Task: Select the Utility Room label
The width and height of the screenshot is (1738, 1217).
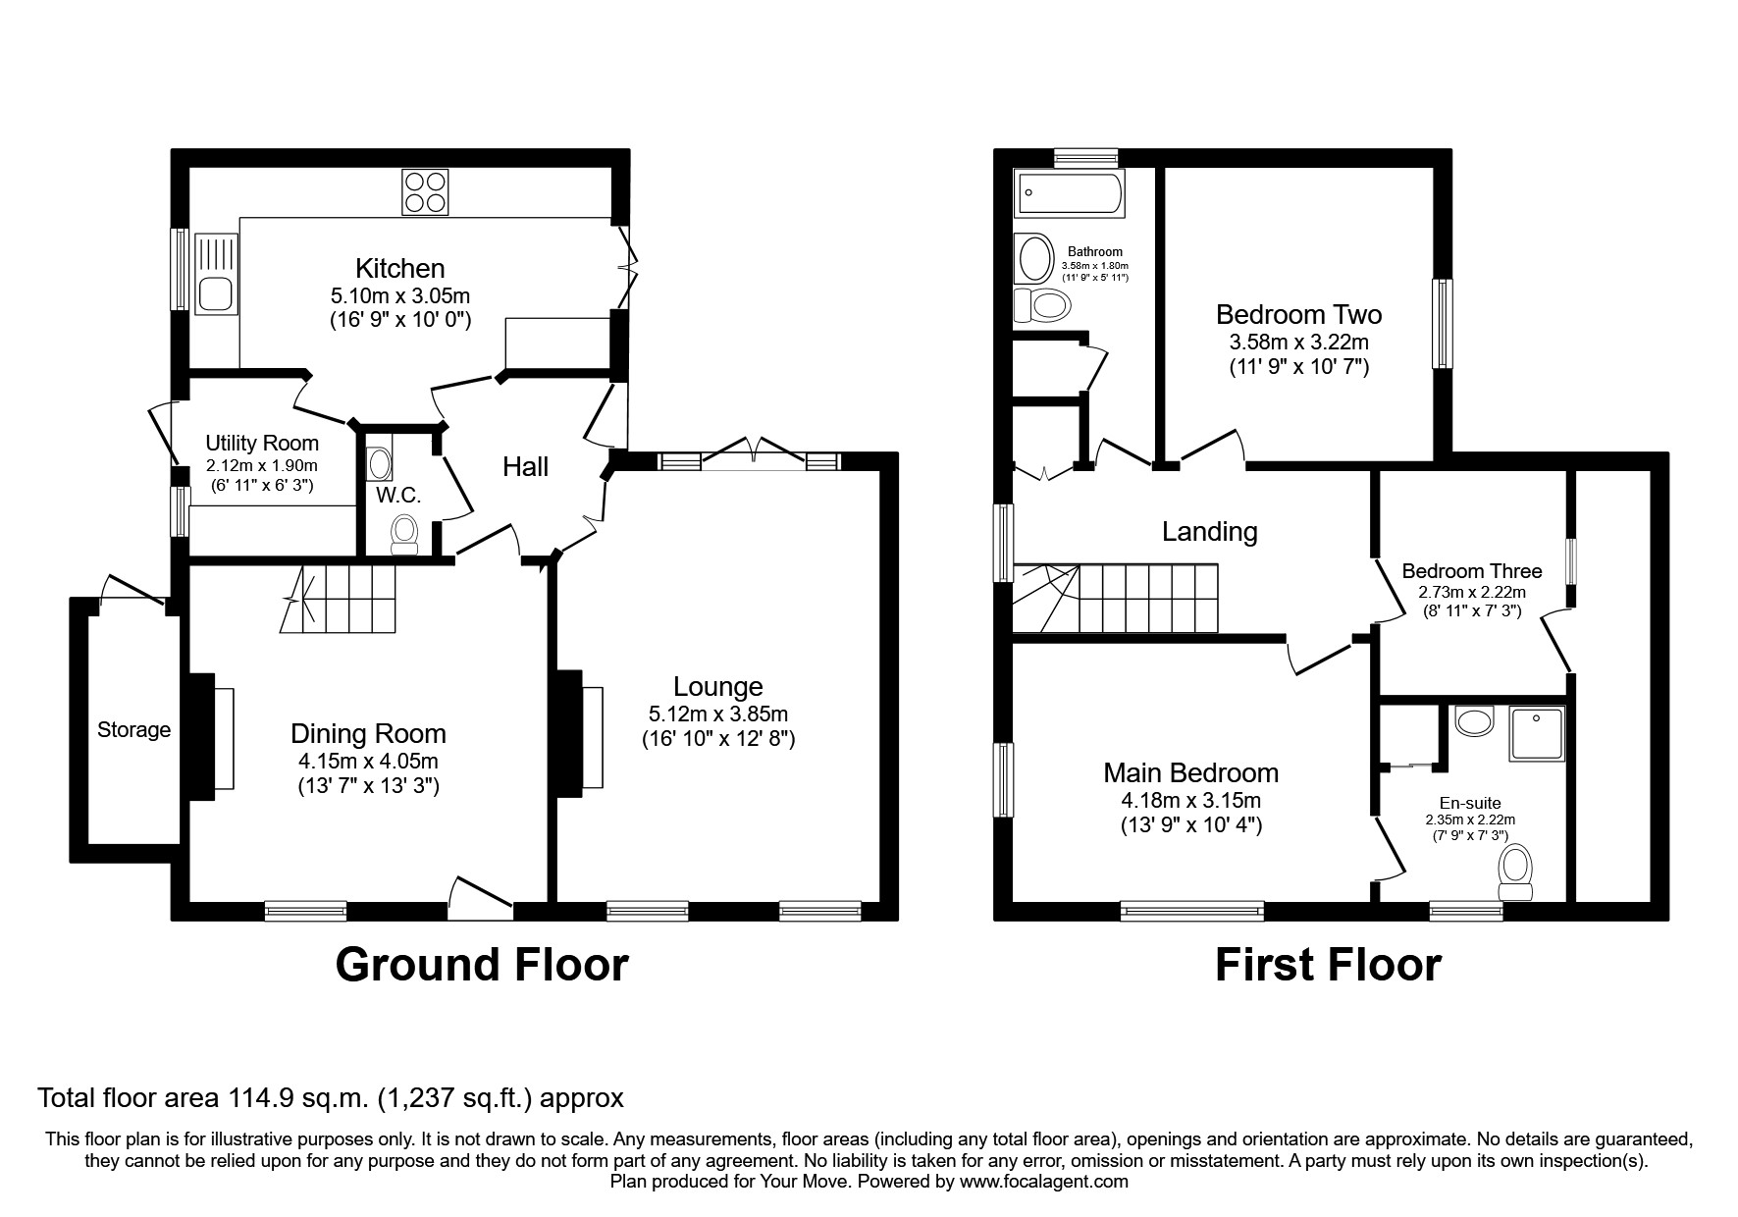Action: tap(262, 444)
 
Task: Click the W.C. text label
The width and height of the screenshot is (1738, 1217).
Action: tap(398, 496)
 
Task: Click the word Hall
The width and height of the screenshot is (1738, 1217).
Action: tap(526, 467)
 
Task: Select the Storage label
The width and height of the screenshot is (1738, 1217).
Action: tap(133, 730)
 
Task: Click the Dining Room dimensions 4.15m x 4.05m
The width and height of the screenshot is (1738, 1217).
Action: tap(368, 761)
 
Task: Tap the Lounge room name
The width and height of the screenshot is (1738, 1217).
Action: tap(718, 687)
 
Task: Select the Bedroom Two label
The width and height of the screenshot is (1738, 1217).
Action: tap(1298, 315)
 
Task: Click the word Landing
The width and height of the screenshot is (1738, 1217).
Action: tap(1209, 532)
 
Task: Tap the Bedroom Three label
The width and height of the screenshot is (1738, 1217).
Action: tap(1471, 571)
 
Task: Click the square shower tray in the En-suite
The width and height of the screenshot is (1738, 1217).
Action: tap(1536, 733)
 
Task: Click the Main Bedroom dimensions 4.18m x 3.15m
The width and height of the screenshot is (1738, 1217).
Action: tap(1190, 800)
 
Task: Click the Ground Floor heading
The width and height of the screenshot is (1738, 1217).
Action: tap(481, 965)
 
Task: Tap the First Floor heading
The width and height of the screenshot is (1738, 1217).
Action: tap(1327, 965)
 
